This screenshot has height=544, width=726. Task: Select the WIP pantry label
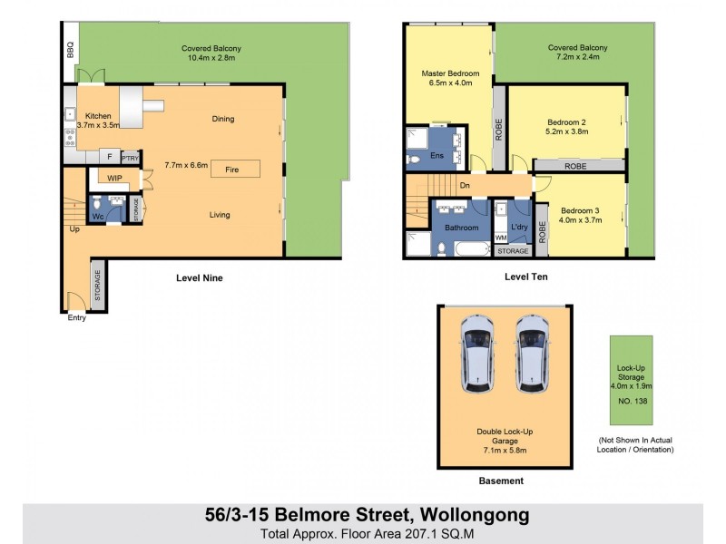114,179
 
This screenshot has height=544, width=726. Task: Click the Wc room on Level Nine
98,217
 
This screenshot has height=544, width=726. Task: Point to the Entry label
76,317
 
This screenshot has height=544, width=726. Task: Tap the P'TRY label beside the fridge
131,157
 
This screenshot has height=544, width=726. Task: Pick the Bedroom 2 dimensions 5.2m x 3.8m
567,131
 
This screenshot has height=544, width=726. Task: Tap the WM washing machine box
501,238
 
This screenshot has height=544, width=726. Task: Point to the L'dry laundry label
519,226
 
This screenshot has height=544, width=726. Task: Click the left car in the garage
476,355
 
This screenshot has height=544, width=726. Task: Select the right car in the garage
533,355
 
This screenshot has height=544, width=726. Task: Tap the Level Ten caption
526,277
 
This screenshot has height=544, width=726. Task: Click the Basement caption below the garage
501,481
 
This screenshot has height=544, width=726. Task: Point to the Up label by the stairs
74,228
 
